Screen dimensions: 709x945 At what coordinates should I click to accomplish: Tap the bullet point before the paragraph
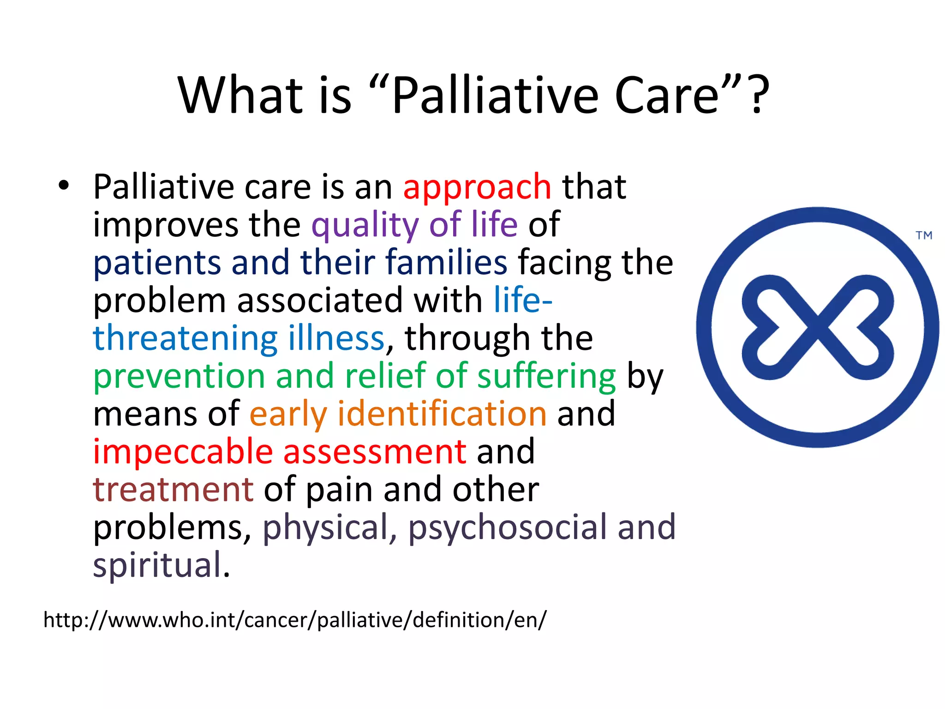point(64,186)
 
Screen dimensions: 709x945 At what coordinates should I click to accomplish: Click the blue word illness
point(336,338)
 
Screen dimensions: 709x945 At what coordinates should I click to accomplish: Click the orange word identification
point(442,414)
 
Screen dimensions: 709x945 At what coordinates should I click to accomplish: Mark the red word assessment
point(374,452)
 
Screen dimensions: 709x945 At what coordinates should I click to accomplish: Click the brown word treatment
point(173,490)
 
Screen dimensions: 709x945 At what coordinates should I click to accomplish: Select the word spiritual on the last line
point(157,566)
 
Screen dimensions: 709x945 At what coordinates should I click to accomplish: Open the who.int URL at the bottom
point(294,620)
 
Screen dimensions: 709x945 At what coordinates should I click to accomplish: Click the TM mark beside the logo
point(924,236)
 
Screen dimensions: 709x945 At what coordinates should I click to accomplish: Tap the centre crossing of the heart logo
point(818,327)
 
